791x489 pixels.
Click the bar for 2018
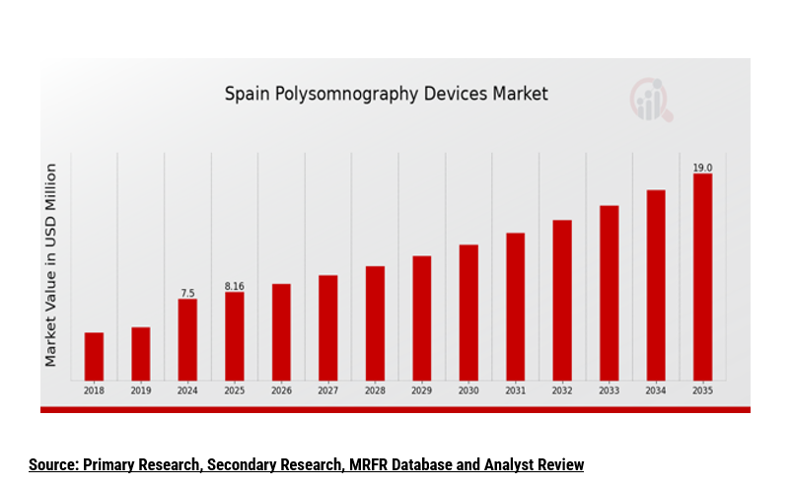point(94,356)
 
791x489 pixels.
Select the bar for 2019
point(141,353)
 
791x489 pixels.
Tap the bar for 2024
point(187,339)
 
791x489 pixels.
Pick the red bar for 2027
point(328,327)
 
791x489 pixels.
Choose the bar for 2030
point(468,312)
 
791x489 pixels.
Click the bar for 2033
point(610,292)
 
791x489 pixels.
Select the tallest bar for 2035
point(702,276)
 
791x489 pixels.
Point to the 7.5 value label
point(187,293)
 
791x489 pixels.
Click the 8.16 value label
point(235,286)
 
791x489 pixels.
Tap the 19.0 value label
point(702,168)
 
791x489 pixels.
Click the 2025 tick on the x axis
point(235,391)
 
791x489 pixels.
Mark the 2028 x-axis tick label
point(375,391)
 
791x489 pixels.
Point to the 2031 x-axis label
point(516,391)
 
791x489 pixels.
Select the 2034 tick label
point(656,391)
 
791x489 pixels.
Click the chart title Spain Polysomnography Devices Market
point(386,95)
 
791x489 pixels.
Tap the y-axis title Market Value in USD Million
point(50,264)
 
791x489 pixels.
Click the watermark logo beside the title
point(651,100)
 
